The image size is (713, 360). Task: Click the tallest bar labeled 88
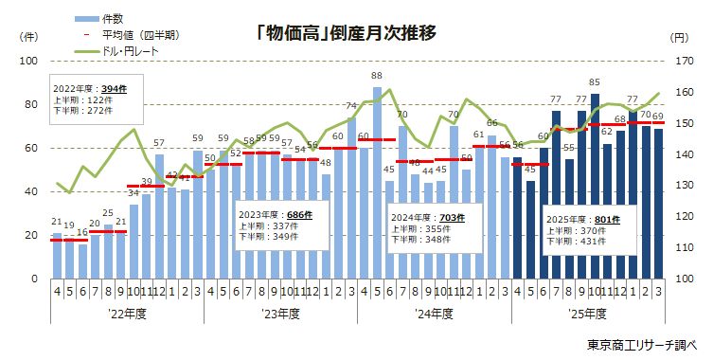coord(377,180)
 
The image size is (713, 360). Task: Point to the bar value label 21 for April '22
coord(57,223)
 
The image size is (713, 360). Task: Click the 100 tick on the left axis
coord(27,61)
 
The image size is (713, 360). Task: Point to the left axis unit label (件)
coord(28,37)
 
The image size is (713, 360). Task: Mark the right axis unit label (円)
coord(678,37)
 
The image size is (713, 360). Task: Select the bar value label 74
coord(351,106)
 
